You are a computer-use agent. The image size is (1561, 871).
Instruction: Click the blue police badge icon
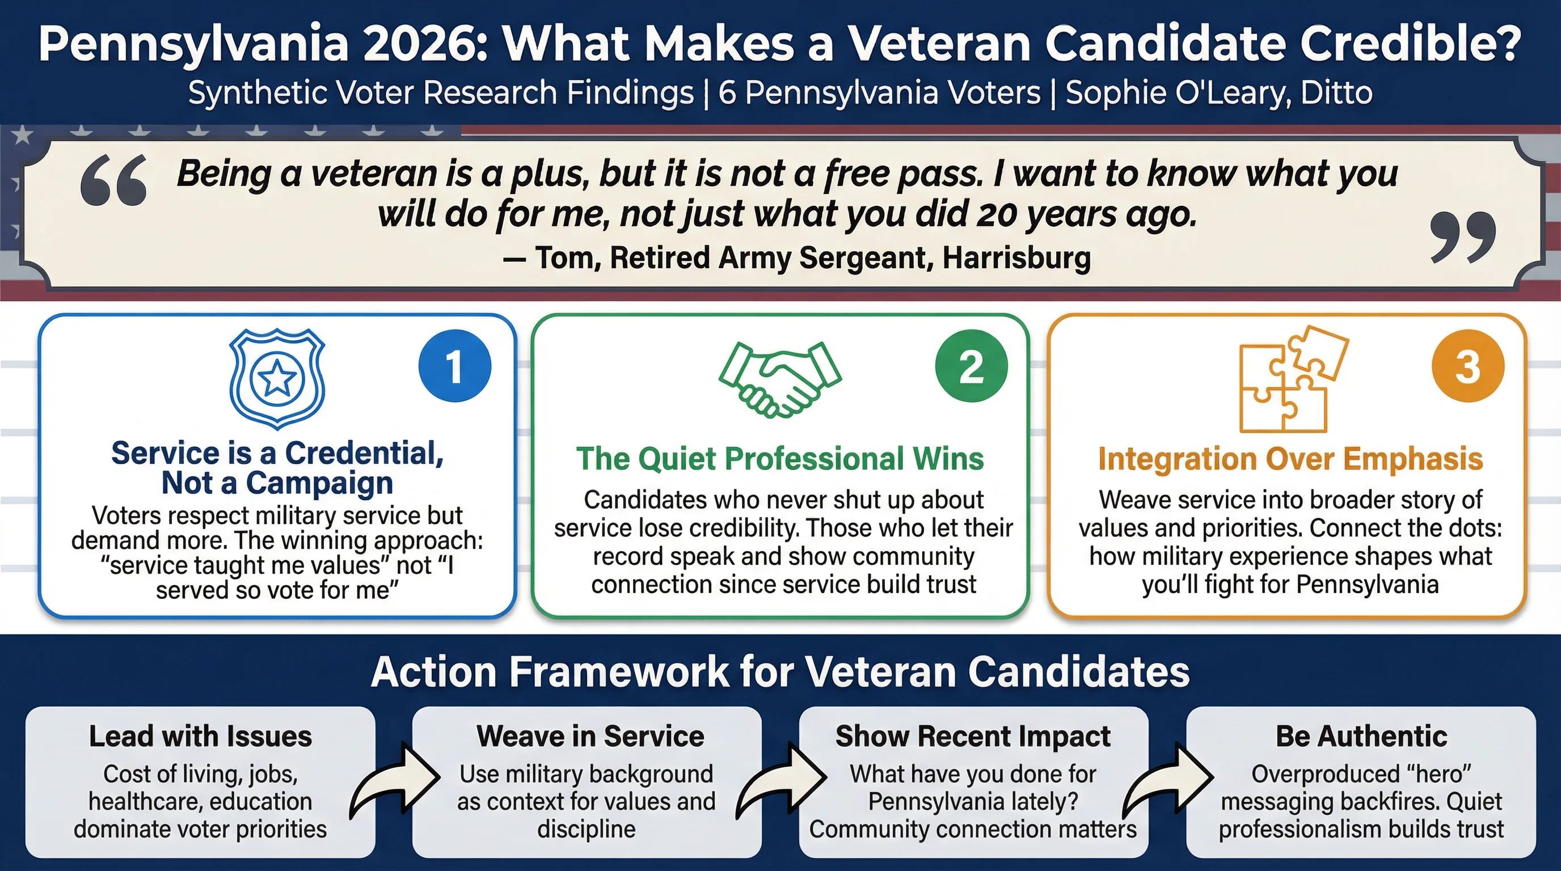pyautogui.click(x=277, y=379)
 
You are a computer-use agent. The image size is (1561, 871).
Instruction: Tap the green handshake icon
pyautogui.click(x=780, y=379)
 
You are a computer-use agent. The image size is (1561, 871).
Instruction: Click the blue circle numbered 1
pyautogui.click(x=454, y=366)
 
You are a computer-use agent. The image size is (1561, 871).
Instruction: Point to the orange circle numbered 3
pyautogui.click(x=1467, y=366)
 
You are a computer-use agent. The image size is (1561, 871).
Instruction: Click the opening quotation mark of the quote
pyautogui.click(x=114, y=180)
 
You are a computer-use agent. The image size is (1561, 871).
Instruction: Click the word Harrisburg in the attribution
pyautogui.click(x=1016, y=258)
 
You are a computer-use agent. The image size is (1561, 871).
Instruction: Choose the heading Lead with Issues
pyautogui.click(x=201, y=737)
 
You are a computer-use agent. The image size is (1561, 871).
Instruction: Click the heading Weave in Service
pyautogui.click(x=590, y=737)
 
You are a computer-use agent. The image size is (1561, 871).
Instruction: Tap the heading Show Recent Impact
pyautogui.click(x=973, y=737)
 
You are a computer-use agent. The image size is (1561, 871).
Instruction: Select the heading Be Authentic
pyautogui.click(x=1361, y=737)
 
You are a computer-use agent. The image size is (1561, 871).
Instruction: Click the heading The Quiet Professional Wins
pyautogui.click(x=780, y=459)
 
